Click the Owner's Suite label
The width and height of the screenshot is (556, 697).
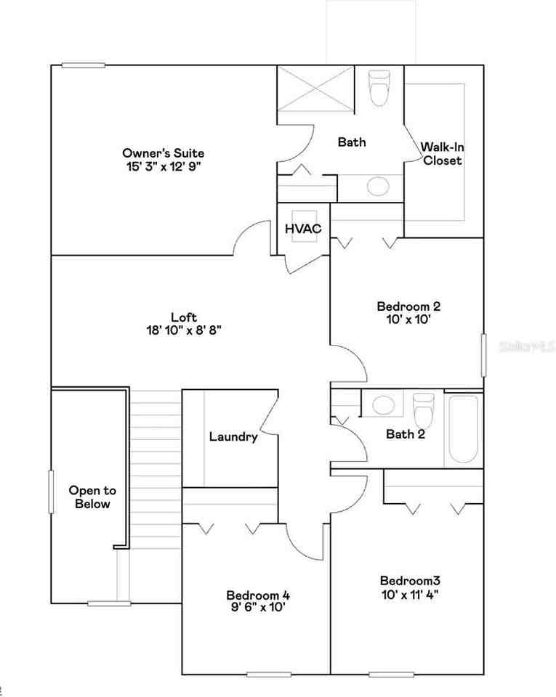(x=163, y=153)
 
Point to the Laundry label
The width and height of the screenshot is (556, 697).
(x=233, y=437)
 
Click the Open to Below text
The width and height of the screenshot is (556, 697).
(x=92, y=497)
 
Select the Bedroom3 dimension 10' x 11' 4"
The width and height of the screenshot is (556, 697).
(x=410, y=593)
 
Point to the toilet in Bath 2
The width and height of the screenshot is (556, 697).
(x=422, y=410)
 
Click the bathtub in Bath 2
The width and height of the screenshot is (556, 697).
(x=463, y=428)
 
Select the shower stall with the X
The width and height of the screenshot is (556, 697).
(x=315, y=89)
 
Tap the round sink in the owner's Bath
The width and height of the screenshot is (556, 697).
(x=377, y=187)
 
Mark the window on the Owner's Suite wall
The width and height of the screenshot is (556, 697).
(x=83, y=65)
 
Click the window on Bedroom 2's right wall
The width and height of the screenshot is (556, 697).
(x=483, y=355)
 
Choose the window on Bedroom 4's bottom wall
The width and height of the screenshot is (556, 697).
(x=268, y=674)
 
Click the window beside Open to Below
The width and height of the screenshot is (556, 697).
(x=52, y=492)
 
